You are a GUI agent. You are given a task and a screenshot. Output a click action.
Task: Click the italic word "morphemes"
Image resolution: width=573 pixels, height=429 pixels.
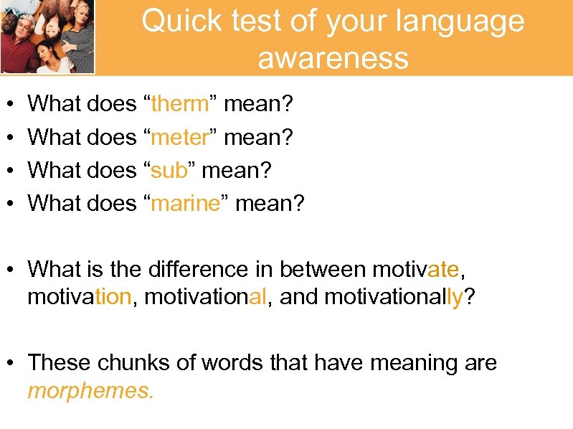pos(90,391)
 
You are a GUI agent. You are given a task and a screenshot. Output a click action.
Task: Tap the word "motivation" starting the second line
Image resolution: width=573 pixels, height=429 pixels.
pos(79,297)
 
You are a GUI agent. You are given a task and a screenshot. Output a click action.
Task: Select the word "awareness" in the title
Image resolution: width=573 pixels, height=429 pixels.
pos(333,57)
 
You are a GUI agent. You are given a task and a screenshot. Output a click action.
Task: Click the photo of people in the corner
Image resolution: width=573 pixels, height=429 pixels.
pos(47,37)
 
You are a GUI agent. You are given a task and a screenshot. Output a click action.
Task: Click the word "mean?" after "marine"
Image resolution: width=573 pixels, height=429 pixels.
pos(270,204)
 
